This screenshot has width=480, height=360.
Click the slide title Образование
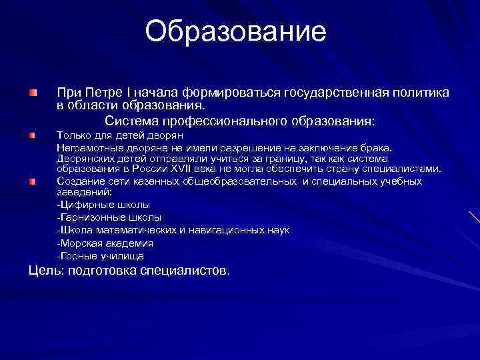pyautogui.click(x=236, y=32)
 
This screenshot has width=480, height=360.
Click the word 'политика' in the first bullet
pyautogui.click(x=418, y=91)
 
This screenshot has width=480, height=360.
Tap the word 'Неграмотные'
pyautogui.click(x=85, y=147)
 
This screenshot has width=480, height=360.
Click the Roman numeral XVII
pyautogui.click(x=184, y=169)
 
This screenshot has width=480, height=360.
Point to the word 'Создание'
pyautogui.click(x=78, y=181)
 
